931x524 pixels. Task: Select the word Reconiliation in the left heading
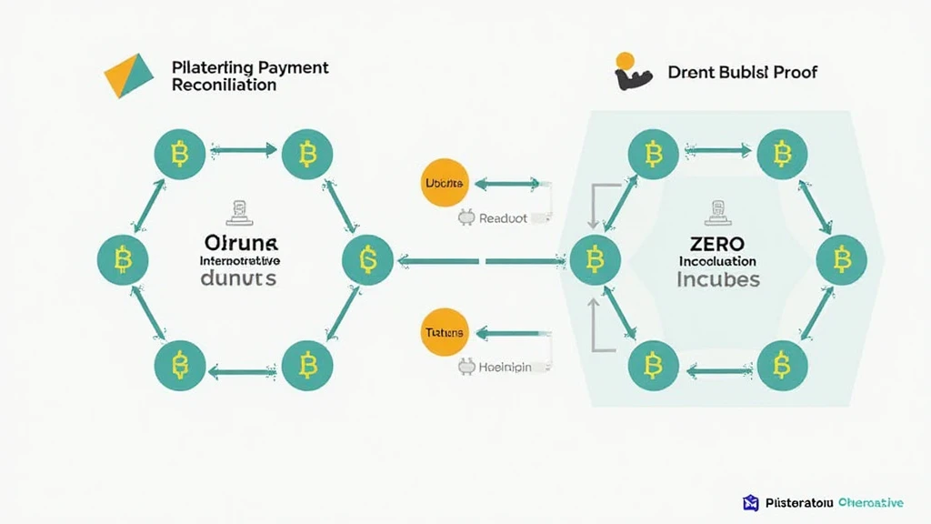tap(223, 86)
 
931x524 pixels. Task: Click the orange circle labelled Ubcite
tap(445, 184)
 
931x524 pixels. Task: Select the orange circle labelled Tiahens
tap(445, 333)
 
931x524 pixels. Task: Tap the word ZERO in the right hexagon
tap(717, 244)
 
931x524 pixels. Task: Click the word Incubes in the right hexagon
tap(717, 279)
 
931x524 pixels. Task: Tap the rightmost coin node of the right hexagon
tap(844, 259)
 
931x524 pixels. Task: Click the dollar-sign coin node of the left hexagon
tap(367, 260)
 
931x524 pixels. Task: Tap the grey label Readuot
tap(502, 218)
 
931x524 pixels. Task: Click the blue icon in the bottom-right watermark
tap(750, 503)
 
